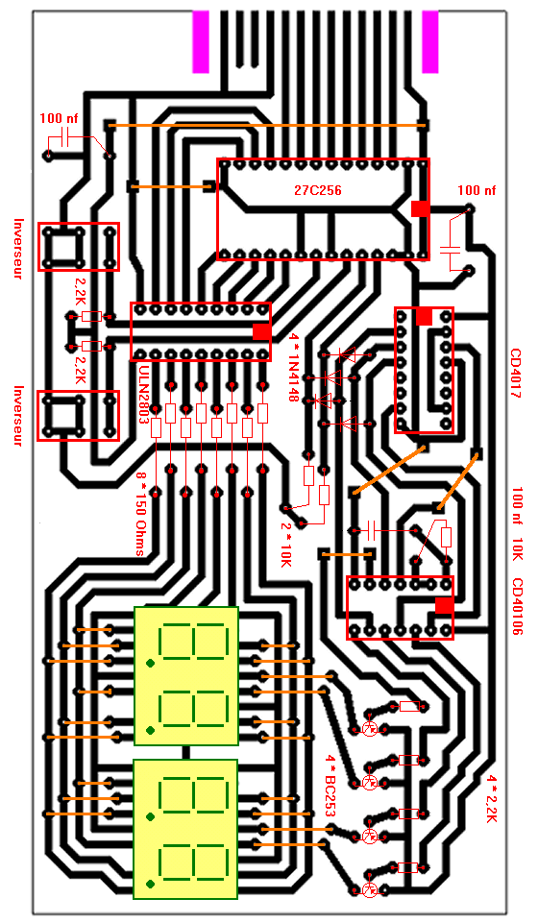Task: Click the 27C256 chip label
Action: [317, 190]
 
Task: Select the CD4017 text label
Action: [516, 374]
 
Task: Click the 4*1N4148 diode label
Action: [294, 368]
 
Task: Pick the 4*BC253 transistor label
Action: [330, 787]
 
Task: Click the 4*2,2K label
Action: [492, 799]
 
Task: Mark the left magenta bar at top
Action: [201, 42]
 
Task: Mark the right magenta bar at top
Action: [430, 42]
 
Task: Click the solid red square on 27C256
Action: [420, 208]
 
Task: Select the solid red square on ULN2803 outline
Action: [262, 331]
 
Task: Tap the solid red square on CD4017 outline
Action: [424, 316]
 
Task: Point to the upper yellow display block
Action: [186, 676]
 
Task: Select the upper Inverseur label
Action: [19, 249]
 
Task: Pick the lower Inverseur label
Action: [19, 416]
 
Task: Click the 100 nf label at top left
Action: [59, 119]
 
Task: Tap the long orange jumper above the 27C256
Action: [267, 126]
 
